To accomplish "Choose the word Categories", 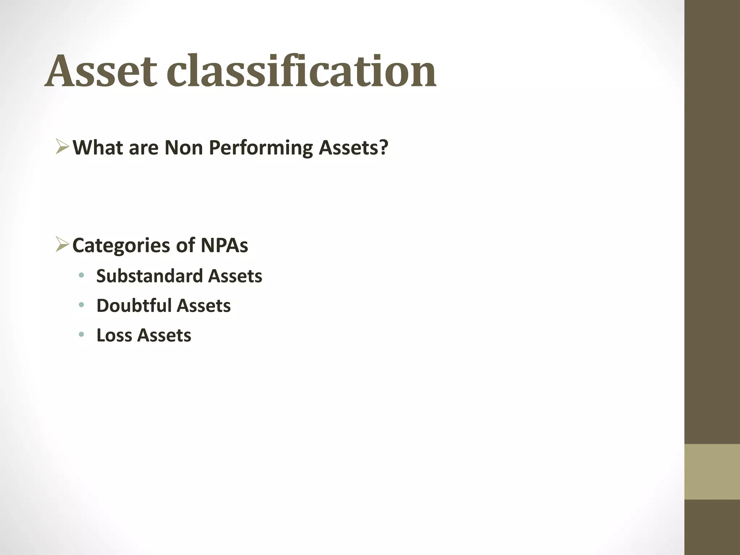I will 121,246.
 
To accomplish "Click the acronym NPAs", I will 224,245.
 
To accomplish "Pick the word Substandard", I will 149,276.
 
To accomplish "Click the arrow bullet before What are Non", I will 63,147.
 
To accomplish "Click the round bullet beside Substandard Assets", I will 81,276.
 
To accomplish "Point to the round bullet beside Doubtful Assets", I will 81,305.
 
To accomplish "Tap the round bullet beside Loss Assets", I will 81,335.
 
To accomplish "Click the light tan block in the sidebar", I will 712,472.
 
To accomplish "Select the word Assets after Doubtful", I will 203,306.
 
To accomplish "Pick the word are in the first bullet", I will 143,148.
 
